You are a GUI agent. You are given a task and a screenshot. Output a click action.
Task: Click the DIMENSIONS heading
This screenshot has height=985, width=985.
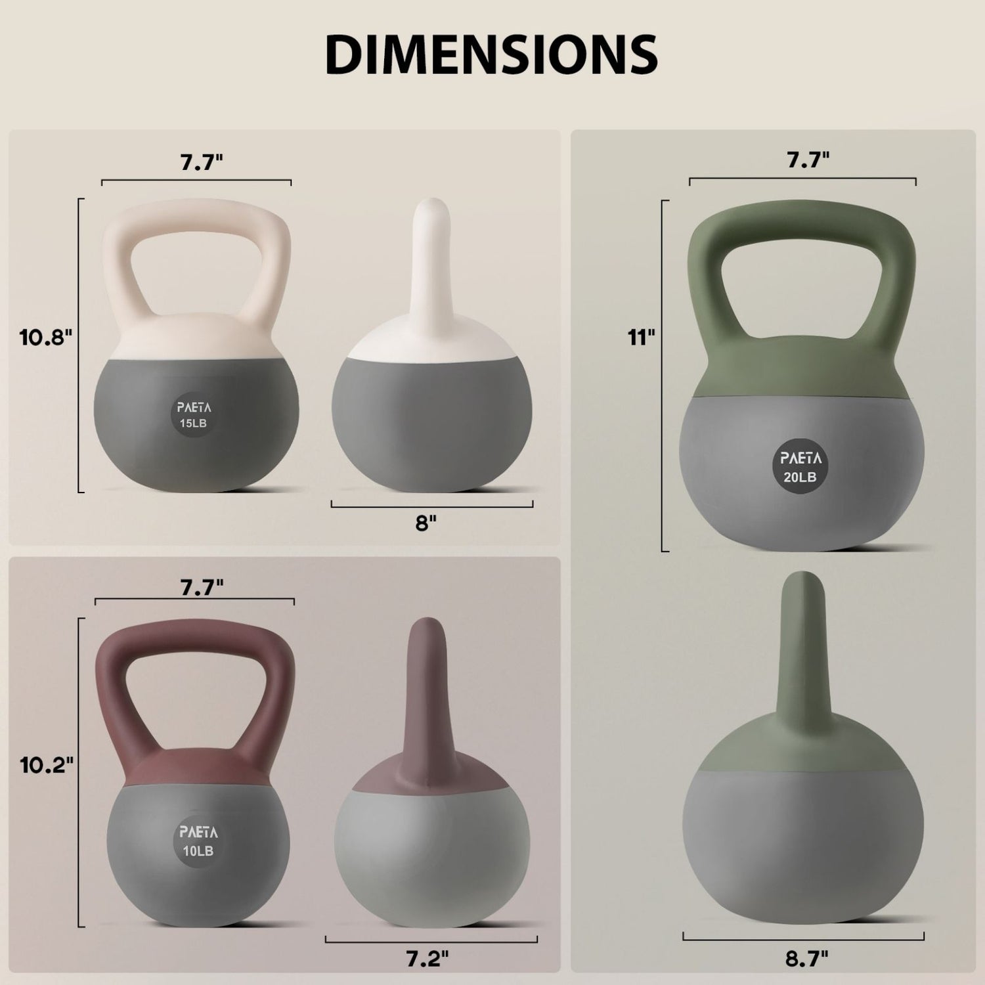click(491, 54)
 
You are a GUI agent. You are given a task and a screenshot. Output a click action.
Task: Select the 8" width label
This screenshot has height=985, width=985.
click(426, 523)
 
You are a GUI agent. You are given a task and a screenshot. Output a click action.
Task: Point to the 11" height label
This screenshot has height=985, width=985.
click(641, 338)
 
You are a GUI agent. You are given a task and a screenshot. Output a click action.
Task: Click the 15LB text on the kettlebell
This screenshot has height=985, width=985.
click(193, 424)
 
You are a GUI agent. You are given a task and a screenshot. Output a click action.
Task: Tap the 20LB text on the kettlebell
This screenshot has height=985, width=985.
click(800, 477)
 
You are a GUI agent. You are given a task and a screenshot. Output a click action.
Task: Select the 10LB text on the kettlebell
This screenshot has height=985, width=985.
click(198, 851)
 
